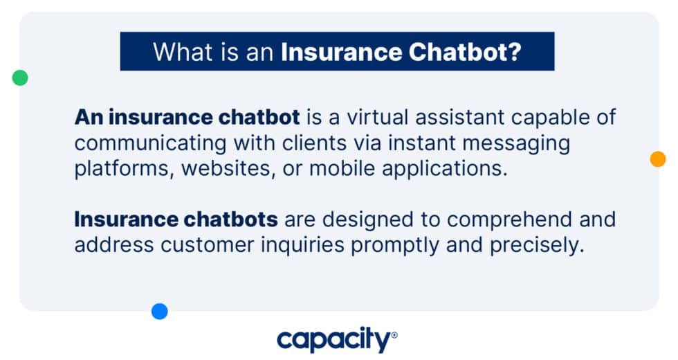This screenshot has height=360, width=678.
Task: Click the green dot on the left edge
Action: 20,78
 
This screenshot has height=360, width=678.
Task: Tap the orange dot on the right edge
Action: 657,159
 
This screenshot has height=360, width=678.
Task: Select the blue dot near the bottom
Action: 160,312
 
